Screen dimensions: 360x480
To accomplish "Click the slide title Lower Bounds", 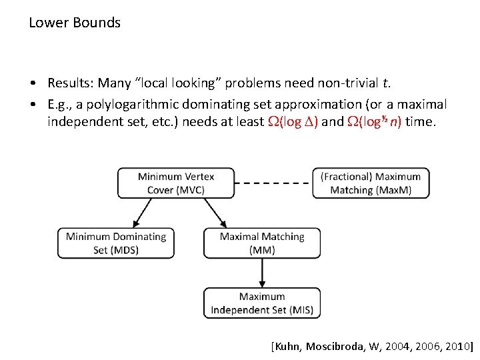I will tap(75, 23).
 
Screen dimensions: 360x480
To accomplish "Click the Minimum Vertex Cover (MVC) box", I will tap(176, 183).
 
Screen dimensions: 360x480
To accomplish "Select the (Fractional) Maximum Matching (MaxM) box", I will tap(371, 183).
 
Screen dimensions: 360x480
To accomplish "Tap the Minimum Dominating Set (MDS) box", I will tap(116, 243).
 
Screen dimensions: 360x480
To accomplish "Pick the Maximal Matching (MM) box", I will tap(262, 243).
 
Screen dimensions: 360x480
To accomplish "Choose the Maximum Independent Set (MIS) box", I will tap(262, 303).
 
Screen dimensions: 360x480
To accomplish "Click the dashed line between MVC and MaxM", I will tap(273, 183).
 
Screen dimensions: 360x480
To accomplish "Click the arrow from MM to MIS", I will tap(262, 273).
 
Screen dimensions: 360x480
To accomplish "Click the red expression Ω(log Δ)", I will tap(291, 123).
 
